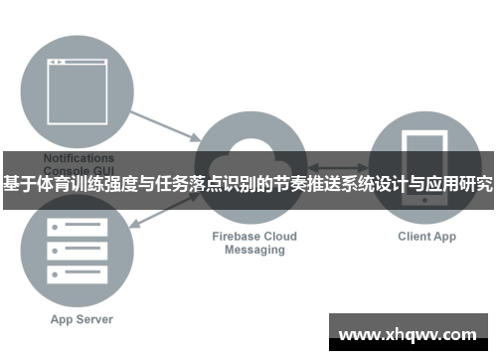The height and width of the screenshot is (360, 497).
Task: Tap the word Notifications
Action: [x=79, y=157]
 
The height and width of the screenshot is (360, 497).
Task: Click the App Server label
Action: [x=82, y=319]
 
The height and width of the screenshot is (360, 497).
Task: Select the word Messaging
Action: [x=254, y=251]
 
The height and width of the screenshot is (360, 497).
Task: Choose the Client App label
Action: [x=426, y=237]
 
